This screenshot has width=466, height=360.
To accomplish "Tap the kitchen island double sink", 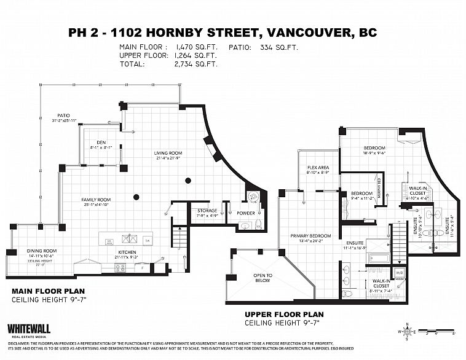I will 130,240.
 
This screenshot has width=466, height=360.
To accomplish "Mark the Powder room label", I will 246,213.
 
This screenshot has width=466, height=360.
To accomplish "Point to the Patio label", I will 64,115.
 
